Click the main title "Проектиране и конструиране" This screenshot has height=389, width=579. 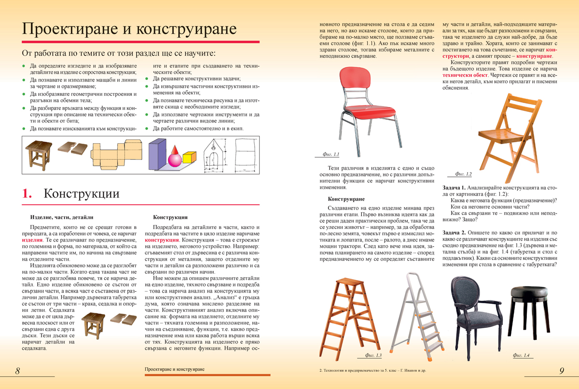coord(129,29)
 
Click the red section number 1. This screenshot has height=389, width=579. coord(27,194)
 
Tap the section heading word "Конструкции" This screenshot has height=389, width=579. coord(82,194)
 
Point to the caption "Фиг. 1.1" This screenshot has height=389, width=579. coord(331,155)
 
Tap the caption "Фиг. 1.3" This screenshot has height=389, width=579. coord(373,356)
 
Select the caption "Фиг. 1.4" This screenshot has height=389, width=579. coord(521,356)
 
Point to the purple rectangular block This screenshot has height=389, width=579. coord(157,154)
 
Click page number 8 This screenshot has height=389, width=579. coord(17,371)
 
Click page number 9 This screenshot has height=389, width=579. coord(562,371)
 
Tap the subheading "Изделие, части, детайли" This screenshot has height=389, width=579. coord(61,217)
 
